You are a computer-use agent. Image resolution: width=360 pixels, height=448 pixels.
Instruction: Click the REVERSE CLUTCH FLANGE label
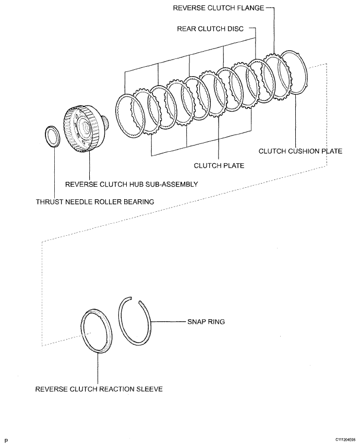click(x=216, y=8)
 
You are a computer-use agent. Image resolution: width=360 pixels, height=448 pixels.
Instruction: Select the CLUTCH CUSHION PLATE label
click(x=300, y=151)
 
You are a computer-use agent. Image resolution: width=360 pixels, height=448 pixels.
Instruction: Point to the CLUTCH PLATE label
click(x=219, y=165)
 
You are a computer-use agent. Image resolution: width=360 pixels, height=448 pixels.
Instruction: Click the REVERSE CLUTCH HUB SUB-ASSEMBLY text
click(x=131, y=184)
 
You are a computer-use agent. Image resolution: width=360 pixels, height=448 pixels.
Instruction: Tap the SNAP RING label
click(x=206, y=322)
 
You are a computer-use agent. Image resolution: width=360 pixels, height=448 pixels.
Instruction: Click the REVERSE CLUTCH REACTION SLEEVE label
click(x=99, y=389)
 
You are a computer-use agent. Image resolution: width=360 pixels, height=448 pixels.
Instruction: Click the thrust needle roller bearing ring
click(x=53, y=137)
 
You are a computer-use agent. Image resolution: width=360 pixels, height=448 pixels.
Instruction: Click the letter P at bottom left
click(x=6, y=441)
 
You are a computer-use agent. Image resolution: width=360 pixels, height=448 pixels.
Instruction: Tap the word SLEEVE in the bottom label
click(x=149, y=389)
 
